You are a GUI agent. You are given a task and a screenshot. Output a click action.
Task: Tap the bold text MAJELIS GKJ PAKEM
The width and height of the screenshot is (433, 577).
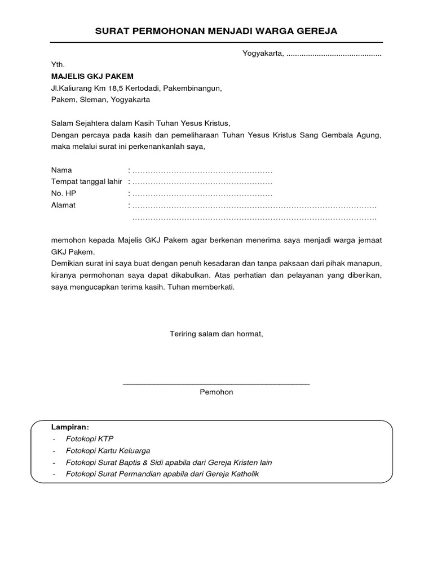pos(92,76)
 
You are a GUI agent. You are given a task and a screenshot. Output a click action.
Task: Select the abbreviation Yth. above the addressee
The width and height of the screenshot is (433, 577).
pos(58,65)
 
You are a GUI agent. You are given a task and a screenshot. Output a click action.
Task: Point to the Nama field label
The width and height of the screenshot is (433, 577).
pos(61,170)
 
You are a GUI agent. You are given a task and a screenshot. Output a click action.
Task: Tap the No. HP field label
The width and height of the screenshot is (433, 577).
pos(63,194)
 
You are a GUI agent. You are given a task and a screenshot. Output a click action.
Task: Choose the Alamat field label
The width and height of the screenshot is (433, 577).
pos(63,206)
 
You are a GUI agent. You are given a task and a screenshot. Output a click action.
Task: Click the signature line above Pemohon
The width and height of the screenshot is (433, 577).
pos(216,383)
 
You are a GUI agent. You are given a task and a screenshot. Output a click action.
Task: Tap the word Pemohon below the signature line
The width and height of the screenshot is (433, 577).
pos(216,392)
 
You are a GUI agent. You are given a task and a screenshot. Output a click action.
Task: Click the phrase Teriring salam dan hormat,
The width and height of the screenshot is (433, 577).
pos(216,334)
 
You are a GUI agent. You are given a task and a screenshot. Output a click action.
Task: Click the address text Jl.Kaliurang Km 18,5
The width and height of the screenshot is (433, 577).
pos(87,88)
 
